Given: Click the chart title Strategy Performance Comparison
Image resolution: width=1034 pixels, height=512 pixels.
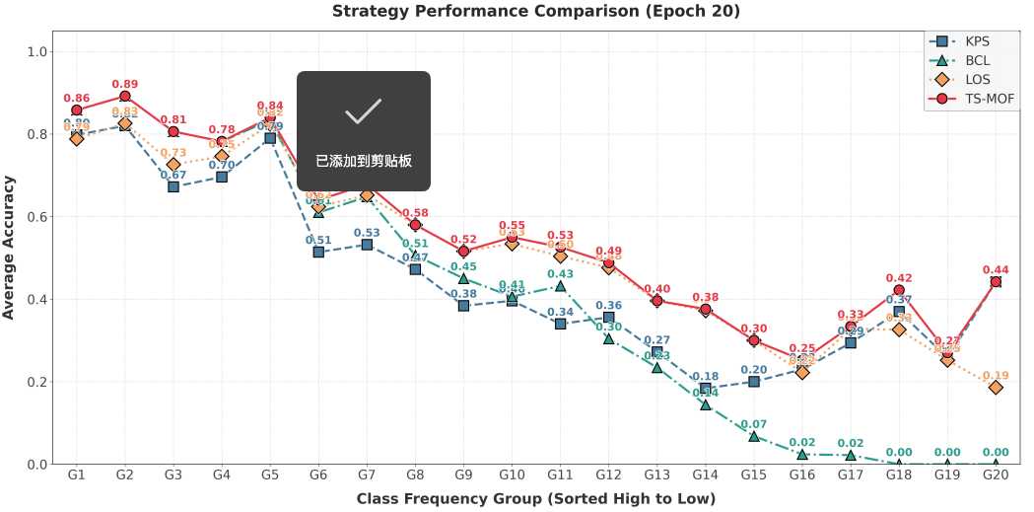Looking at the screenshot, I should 535,12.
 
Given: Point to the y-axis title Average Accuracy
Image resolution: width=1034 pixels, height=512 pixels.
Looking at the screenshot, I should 10,247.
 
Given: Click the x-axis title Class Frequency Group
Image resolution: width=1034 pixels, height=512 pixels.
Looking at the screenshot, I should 535,499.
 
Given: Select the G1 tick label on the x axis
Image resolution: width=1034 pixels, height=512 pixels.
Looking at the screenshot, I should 76,476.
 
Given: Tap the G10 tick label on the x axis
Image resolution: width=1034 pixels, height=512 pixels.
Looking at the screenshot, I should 512,476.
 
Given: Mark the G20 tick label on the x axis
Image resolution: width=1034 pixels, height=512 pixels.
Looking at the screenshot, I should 996,476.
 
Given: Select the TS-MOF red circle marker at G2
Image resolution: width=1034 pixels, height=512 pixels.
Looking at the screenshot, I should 125,96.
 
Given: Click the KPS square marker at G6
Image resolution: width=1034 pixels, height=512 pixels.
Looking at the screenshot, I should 318,253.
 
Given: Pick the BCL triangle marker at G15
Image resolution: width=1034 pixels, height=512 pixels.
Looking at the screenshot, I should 754,436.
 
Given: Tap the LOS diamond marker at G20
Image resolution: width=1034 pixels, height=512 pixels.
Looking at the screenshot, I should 996,387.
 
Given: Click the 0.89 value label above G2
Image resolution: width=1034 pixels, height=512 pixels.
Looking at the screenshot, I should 125,84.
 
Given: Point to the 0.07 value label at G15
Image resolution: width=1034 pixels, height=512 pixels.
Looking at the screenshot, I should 754,424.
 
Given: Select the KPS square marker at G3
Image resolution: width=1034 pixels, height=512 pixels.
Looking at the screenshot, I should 173,186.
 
